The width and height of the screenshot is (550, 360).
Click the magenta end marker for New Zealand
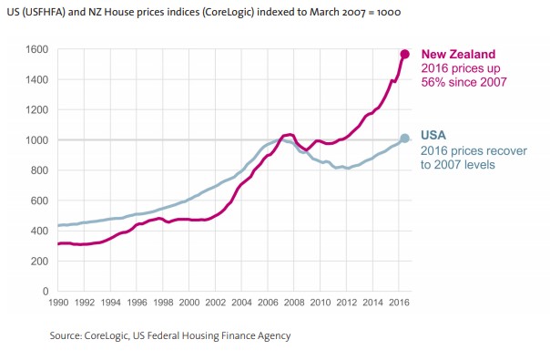[x=404, y=54]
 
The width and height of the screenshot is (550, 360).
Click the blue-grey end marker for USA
[x=404, y=139]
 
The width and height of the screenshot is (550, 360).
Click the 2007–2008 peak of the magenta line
[x=288, y=109]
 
